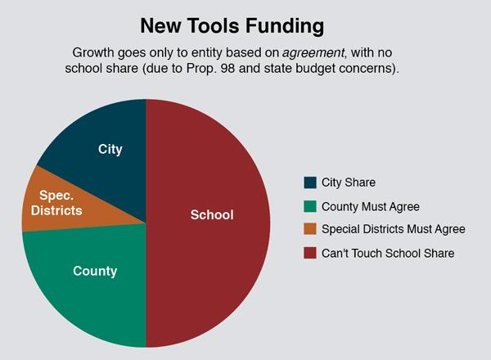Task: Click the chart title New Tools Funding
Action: coord(232,26)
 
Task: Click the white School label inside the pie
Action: coord(212,214)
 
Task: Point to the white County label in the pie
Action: coord(95,271)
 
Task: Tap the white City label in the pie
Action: coord(110,150)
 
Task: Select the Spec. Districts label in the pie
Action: coord(56,203)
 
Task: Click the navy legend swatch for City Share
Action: coord(310,182)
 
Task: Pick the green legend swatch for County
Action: coord(310,207)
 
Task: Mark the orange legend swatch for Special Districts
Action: coord(310,229)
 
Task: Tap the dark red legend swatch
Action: coord(310,253)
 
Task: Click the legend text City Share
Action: coord(349,182)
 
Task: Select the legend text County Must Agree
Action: coord(371,207)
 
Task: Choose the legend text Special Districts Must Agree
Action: coord(394,229)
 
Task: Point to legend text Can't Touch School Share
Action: coord(388,253)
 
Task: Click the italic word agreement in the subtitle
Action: coord(313,53)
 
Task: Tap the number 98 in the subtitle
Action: coord(227,68)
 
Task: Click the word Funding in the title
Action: coord(284,26)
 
